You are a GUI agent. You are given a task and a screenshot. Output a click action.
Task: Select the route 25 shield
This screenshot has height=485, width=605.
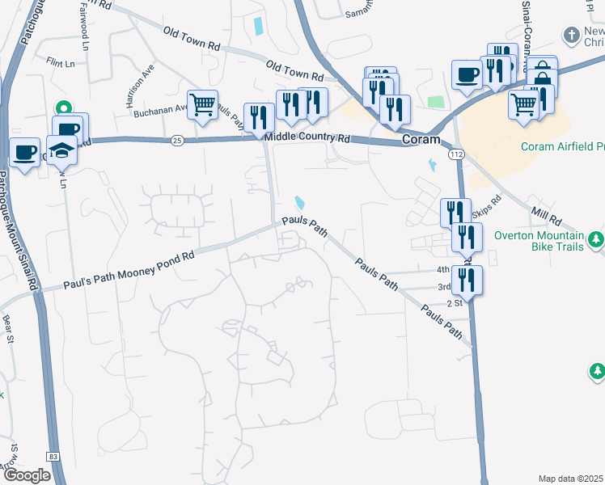177,141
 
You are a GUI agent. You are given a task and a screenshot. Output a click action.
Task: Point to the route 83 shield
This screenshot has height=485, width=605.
53,457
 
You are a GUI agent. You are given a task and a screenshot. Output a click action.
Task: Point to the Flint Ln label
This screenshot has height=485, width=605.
60,61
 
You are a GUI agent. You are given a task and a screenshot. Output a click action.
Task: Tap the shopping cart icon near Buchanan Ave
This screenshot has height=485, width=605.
202,103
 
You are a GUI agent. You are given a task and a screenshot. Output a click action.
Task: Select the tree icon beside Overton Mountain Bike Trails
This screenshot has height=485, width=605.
596,239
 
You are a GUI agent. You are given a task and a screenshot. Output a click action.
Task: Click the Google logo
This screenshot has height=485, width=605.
27,475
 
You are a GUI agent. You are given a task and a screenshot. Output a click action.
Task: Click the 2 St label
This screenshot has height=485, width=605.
454,303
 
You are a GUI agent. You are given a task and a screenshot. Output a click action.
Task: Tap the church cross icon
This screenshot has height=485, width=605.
573,36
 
